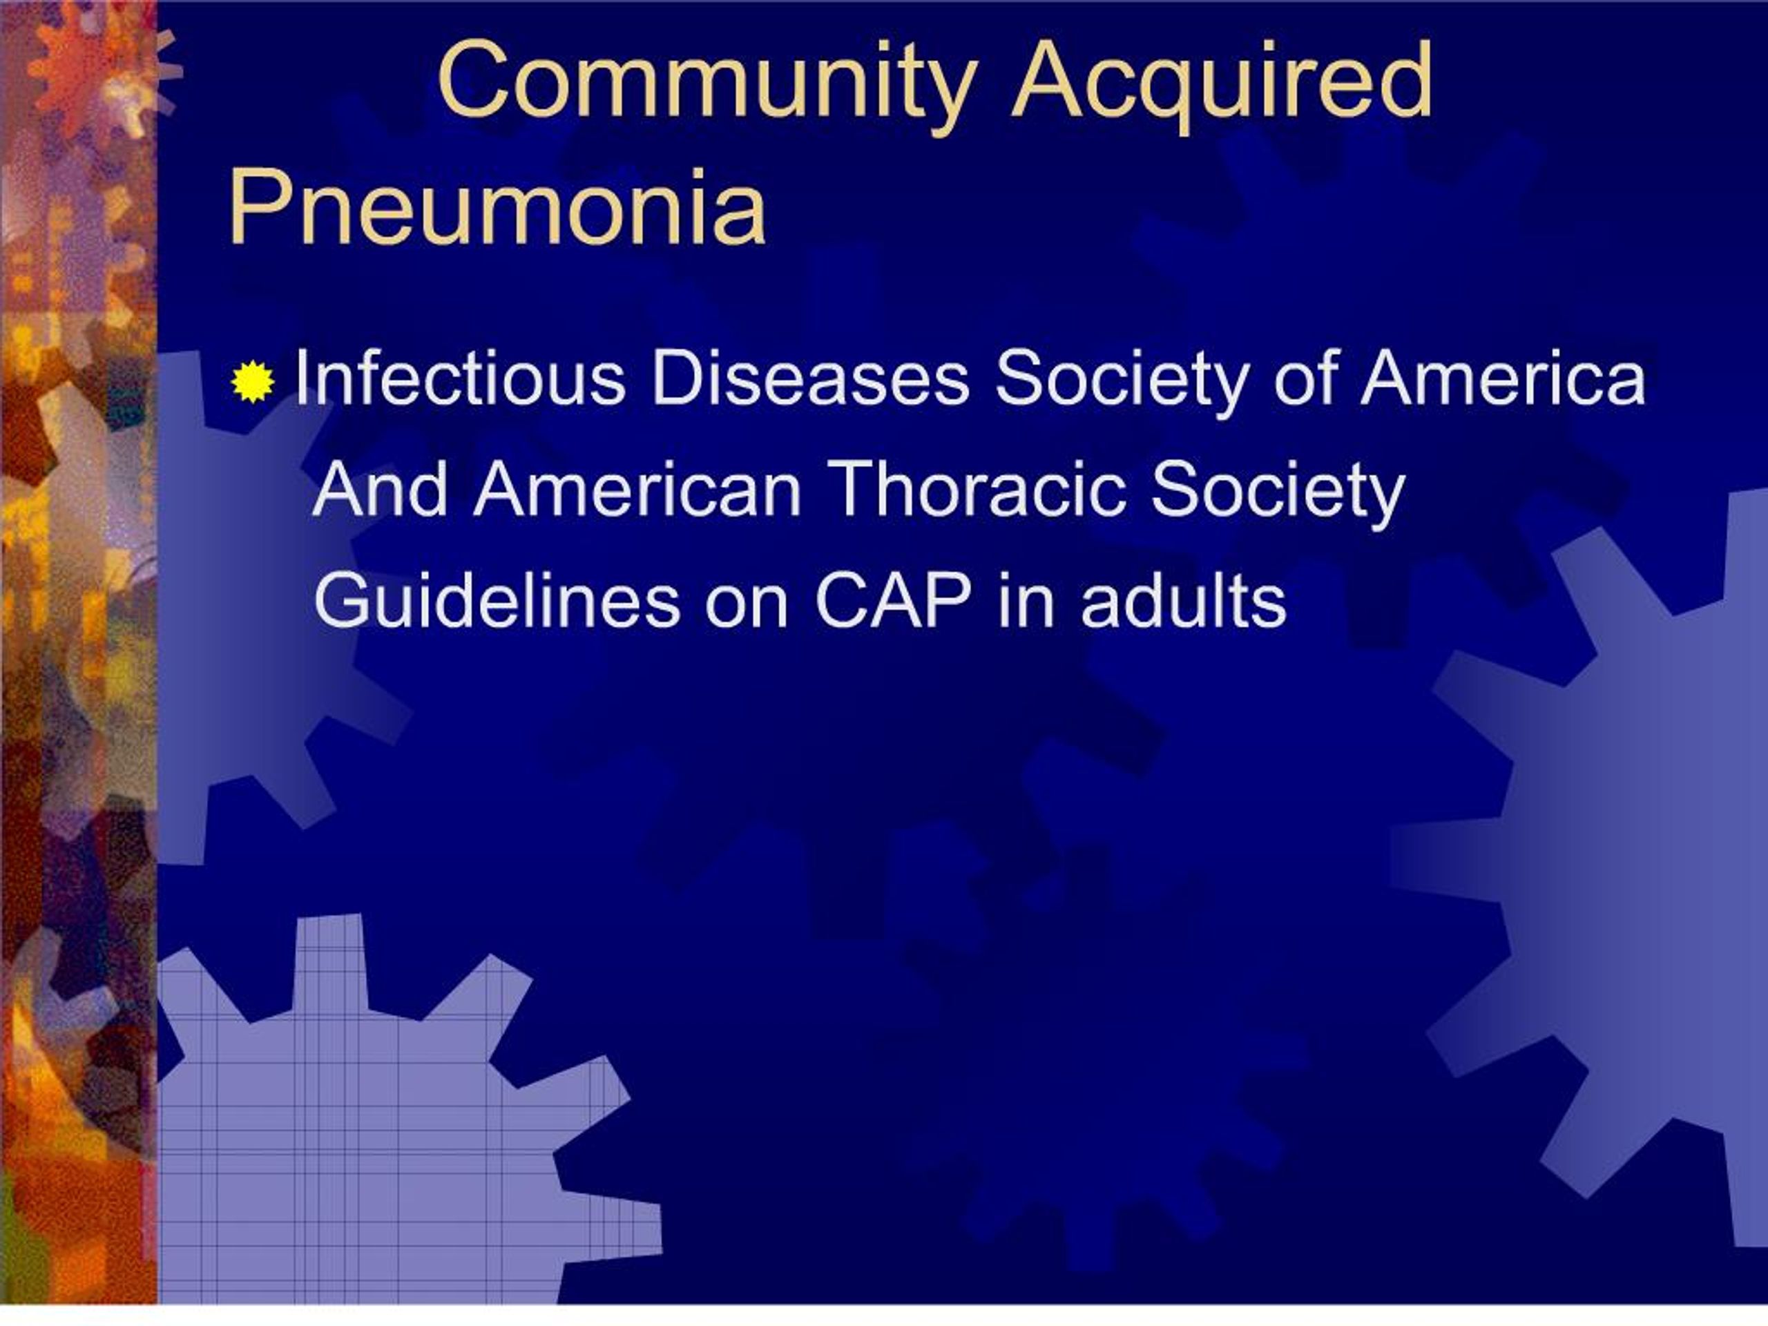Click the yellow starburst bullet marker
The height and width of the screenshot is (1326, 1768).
click(x=253, y=381)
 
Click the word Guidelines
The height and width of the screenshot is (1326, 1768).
click(x=497, y=601)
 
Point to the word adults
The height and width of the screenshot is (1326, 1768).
click(x=1183, y=601)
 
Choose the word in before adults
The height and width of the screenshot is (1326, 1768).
click(x=1026, y=601)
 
